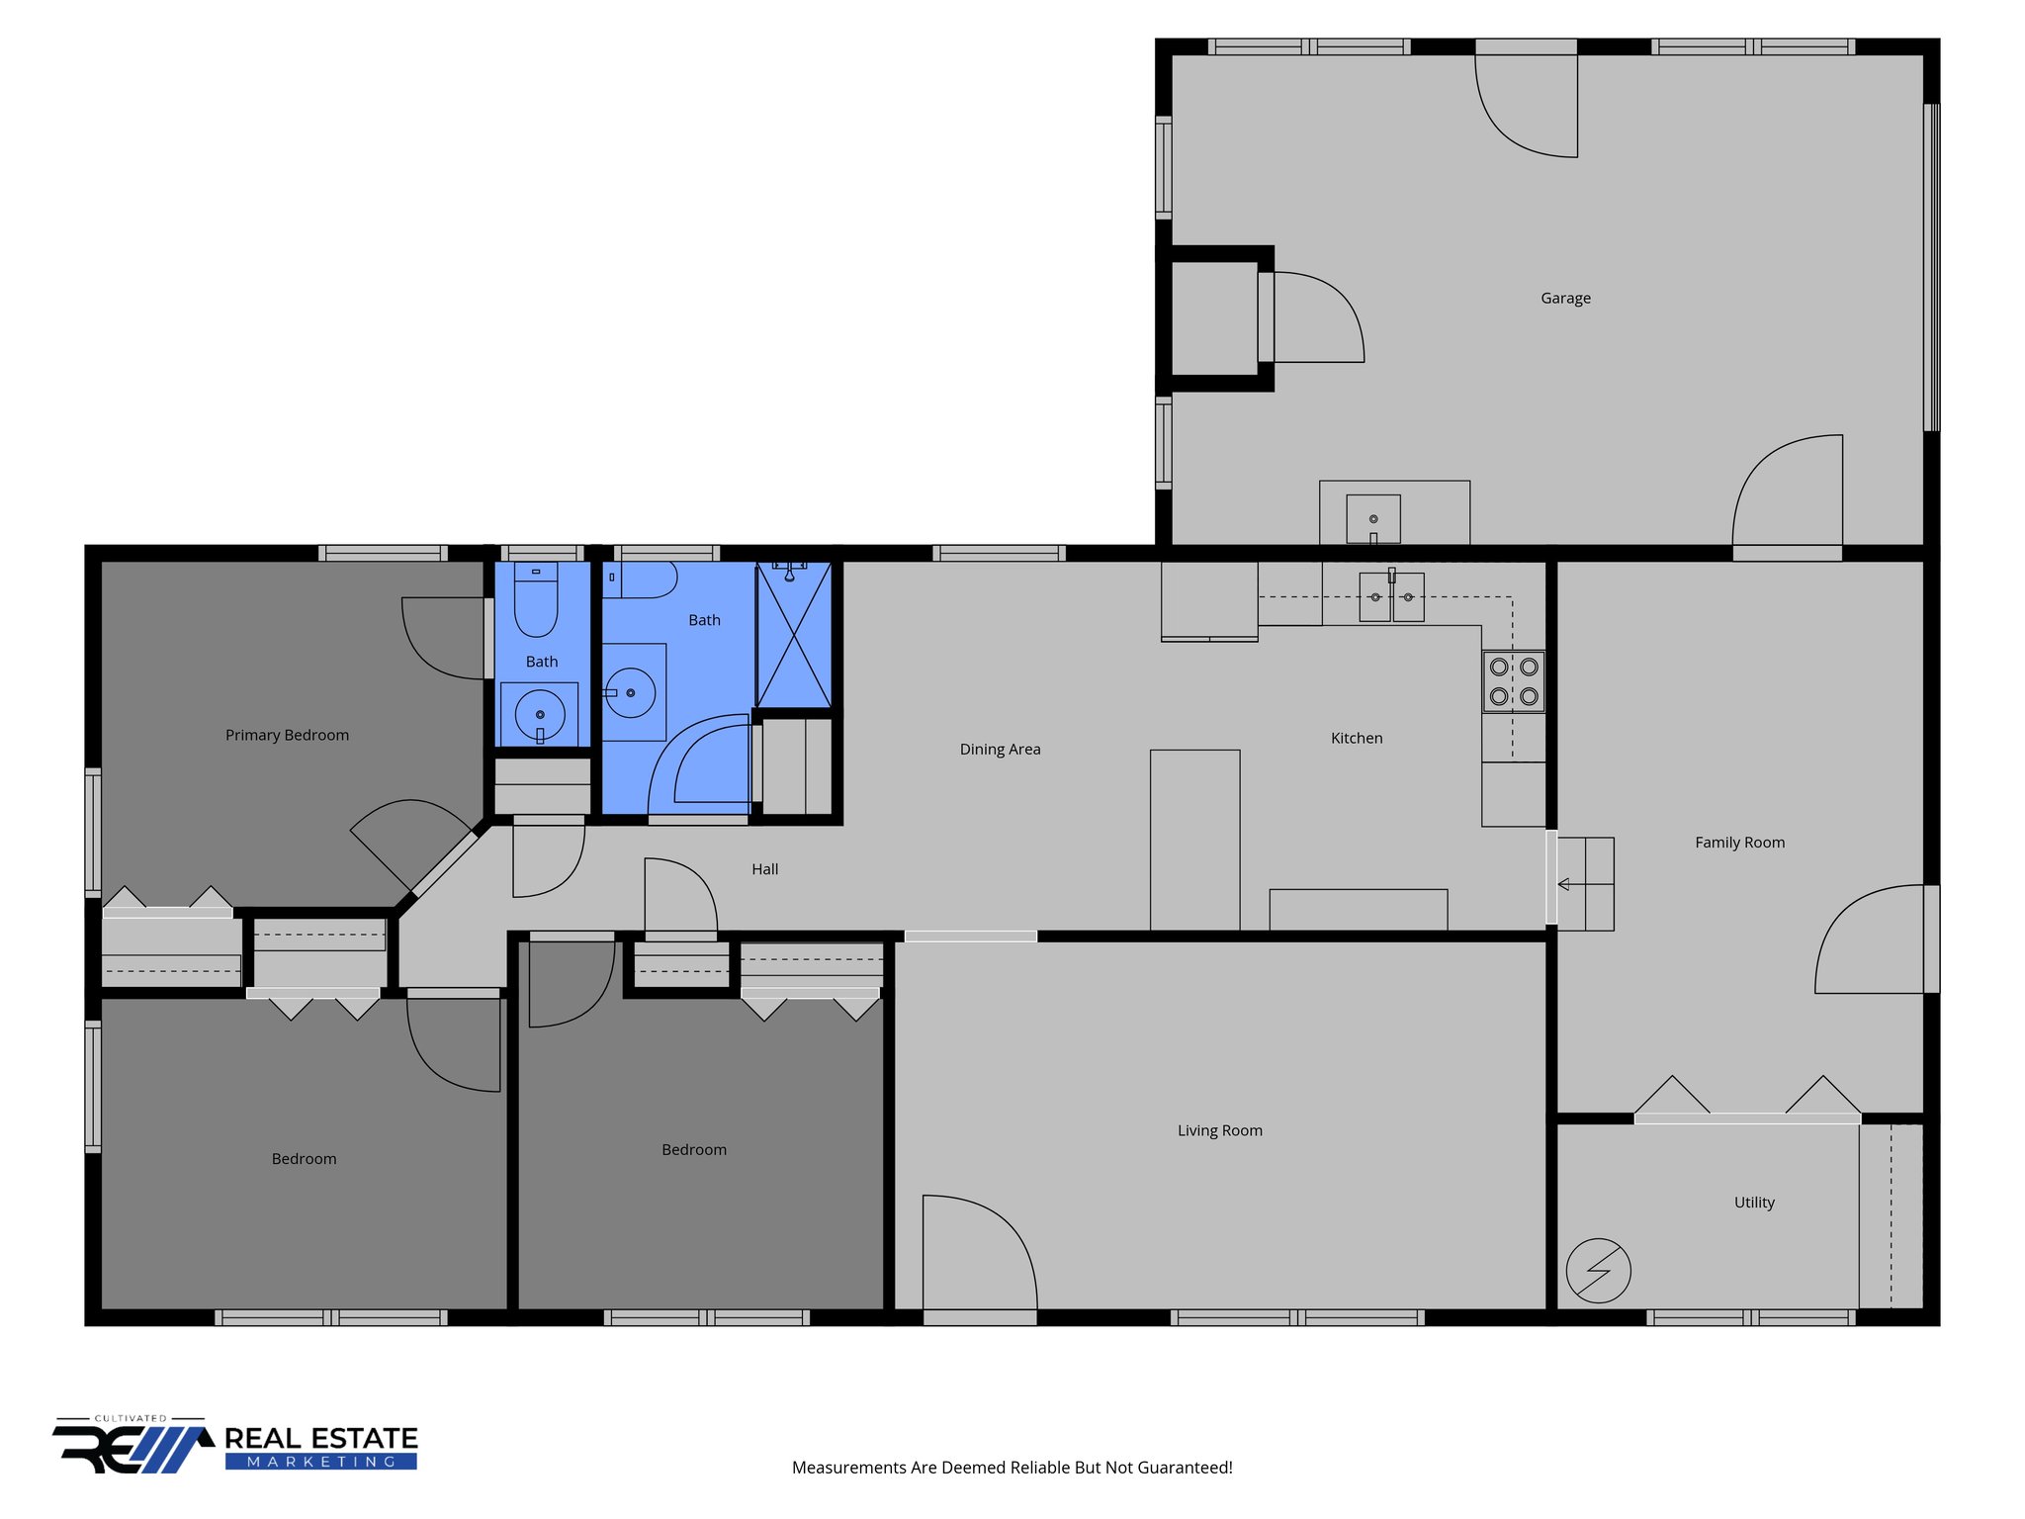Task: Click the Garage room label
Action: coord(1565,298)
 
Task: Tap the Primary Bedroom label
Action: coord(287,735)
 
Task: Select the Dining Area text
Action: coord(1000,749)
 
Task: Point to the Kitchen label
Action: coord(1357,738)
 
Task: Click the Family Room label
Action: coord(1739,843)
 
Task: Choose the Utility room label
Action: coord(1754,1203)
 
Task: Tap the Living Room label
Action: coord(1219,1130)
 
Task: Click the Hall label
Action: coord(764,869)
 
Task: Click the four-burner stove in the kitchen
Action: coord(1513,681)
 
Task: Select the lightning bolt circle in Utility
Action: coord(1598,1271)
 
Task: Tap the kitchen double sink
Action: coord(1391,596)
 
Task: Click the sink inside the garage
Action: coord(1373,519)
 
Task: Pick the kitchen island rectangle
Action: coord(1194,839)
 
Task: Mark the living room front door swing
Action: coord(979,1254)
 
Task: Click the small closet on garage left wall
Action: coord(1213,317)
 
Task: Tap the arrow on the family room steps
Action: coord(1563,884)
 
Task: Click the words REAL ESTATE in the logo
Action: coord(321,1438)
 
